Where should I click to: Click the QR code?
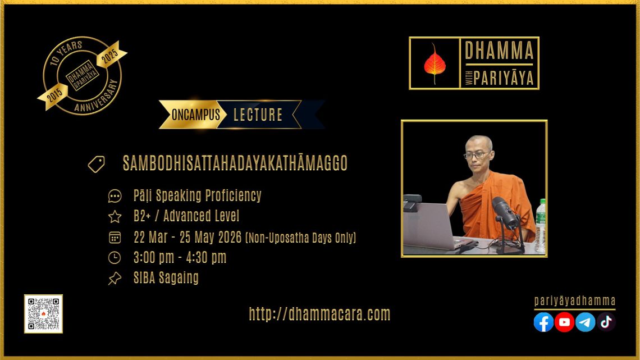pyautogui.click(x=43, y=314)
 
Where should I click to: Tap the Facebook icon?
pyautogui.click(x=543, y=322)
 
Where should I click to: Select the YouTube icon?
pyautogui.click(x=564, y=322)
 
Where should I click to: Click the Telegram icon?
pyautogui.click(x=586, y=322)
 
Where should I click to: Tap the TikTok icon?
pyautogui.click(x=606, y=322)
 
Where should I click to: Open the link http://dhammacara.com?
pyautogui.click(x=319, y=314)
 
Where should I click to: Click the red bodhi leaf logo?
pyautogui.click(x=435, y=64)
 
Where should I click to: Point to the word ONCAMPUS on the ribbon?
pyautogui.click(x=195, y=115)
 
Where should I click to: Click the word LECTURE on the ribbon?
pyautogui.click(x=258, y=115)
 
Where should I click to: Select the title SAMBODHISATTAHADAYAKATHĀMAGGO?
pyautogui.click(x=235, y=163)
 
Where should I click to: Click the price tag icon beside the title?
pyautogui.click(x=97, y=164)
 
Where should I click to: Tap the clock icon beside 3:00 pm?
pyautogui.click(x=115, y=258)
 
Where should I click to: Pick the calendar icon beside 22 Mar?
pyautogui.click(x=115, y=237)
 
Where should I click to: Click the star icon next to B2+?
pyautogui.click(x=115, y=216)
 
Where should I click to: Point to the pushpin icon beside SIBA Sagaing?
pyautogui.click(x=115, y=279)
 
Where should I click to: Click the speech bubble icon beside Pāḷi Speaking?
pyautogui.click(x=115, y=196)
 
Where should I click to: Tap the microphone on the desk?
pyautogui.click(x=506, y=222)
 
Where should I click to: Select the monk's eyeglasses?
pyautogui.click(x=476, y=155)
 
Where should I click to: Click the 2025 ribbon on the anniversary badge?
pyautogui.click(x=110, y=54)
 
